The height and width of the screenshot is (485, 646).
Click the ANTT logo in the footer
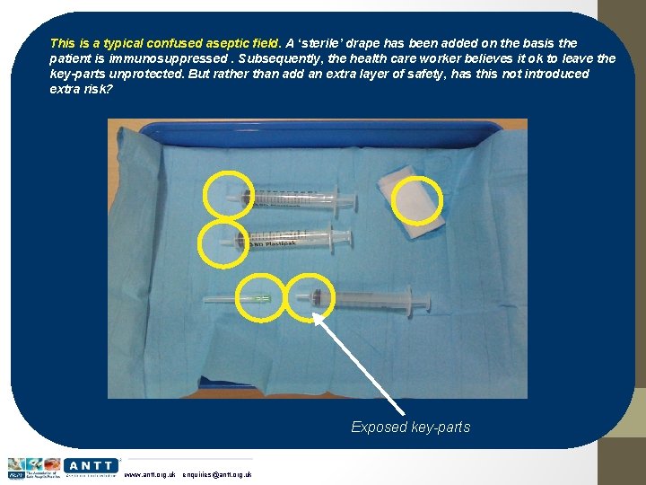point(91,465)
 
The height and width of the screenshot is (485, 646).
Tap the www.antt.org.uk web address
point(149,474)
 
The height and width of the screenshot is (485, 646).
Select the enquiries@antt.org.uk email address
point(216,474)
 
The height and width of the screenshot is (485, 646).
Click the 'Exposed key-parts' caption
point(410,427)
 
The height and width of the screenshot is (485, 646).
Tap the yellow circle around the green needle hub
point(260,296)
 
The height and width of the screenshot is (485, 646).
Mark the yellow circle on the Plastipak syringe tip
point(221,242)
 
